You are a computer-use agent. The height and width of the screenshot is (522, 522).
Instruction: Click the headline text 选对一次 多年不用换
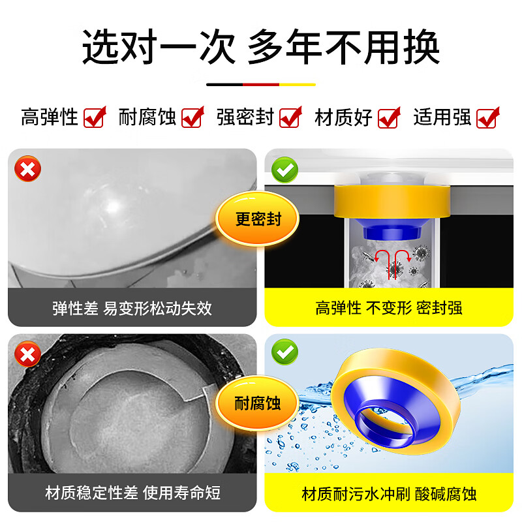[261, 47]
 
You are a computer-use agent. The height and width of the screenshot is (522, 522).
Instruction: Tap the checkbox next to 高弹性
[95, 118]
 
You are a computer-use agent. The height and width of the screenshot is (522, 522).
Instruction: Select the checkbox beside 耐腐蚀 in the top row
[192, 118]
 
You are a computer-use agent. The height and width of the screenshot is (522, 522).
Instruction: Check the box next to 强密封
[290, 118]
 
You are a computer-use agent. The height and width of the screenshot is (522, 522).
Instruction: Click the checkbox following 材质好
[389, 118]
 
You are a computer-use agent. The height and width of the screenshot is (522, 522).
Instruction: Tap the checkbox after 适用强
[487, 118]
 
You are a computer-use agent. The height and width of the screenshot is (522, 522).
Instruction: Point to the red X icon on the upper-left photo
[28, 170]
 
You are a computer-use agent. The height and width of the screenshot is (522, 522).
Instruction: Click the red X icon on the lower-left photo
[28, 354]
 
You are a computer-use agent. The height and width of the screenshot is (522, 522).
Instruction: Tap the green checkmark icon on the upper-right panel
[285, 170]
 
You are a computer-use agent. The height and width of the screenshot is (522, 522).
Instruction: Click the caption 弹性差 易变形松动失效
[132, 308]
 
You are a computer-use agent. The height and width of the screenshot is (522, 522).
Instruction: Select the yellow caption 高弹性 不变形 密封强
[389, 308]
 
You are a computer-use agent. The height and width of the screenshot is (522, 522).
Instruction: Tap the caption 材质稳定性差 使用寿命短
[132, 493]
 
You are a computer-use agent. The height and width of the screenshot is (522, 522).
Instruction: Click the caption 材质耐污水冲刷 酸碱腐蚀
[389, 493]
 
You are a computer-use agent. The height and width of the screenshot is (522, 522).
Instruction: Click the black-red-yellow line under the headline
[261, 84]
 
